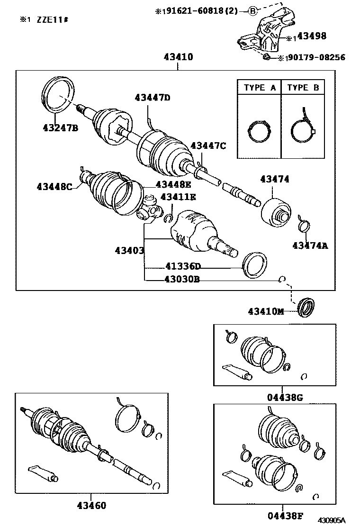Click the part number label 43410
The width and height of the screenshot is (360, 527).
click(x=178, y=57)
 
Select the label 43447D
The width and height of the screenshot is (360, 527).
click(x=152, y=98)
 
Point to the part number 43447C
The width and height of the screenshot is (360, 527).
click(x=208, y=145)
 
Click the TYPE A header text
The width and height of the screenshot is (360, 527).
click(x=260, y=88)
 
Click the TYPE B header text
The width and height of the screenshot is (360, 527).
click(x=303, y=88)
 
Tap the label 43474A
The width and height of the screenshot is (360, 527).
click(x=310, y=245)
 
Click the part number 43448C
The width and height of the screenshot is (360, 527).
click(x=54, y=186)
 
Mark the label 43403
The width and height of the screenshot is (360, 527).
click(x=129, y=249)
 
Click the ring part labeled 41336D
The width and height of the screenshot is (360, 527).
click(x=255, y=264)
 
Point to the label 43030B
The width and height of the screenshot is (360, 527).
click(x=182, y=279)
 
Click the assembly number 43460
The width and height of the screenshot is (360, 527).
click(x=91, y=505)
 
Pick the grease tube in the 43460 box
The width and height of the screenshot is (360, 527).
click(x=43, y=472)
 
